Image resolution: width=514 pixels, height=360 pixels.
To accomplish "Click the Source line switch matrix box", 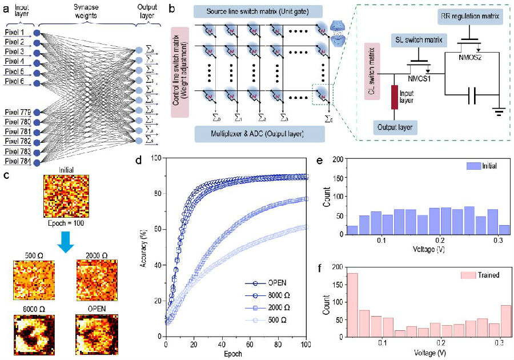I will tap(259, 12).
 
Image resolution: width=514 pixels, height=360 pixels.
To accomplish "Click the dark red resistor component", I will tap(394, 97).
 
